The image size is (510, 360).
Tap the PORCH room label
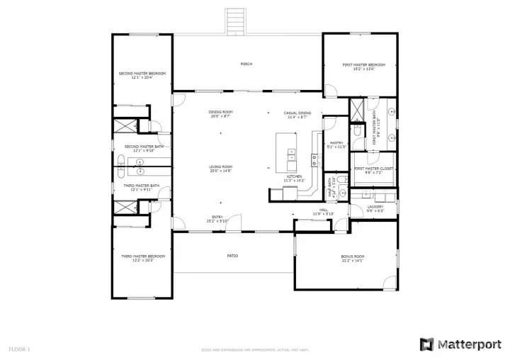[246, 64]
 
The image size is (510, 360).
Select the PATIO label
[232, 256]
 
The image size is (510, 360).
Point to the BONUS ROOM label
[352, 256]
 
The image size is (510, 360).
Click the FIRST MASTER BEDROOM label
[363, 64]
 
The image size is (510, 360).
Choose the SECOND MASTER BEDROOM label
[142, 73]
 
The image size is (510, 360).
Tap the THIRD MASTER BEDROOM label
[142, 256]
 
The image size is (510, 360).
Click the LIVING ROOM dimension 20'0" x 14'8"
[220, 171]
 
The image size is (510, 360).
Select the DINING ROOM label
[220, 112]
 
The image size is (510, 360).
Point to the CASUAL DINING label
[297, 113]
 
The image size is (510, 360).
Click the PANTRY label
[336, 142]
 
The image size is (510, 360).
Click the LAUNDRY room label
[375, 207]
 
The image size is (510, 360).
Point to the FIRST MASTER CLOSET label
[374, 169]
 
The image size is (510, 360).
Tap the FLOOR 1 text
[19, 349]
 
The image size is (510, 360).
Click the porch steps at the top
[235, 21]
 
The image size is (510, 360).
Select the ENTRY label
[217, 217]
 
